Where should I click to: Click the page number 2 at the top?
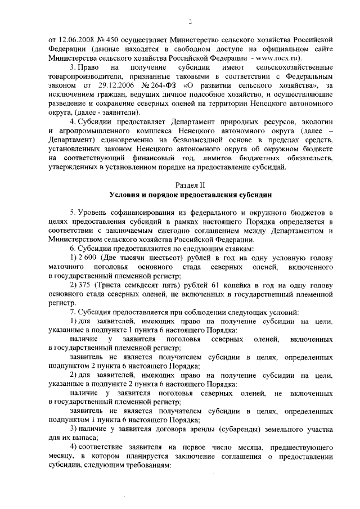click(190, 21)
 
